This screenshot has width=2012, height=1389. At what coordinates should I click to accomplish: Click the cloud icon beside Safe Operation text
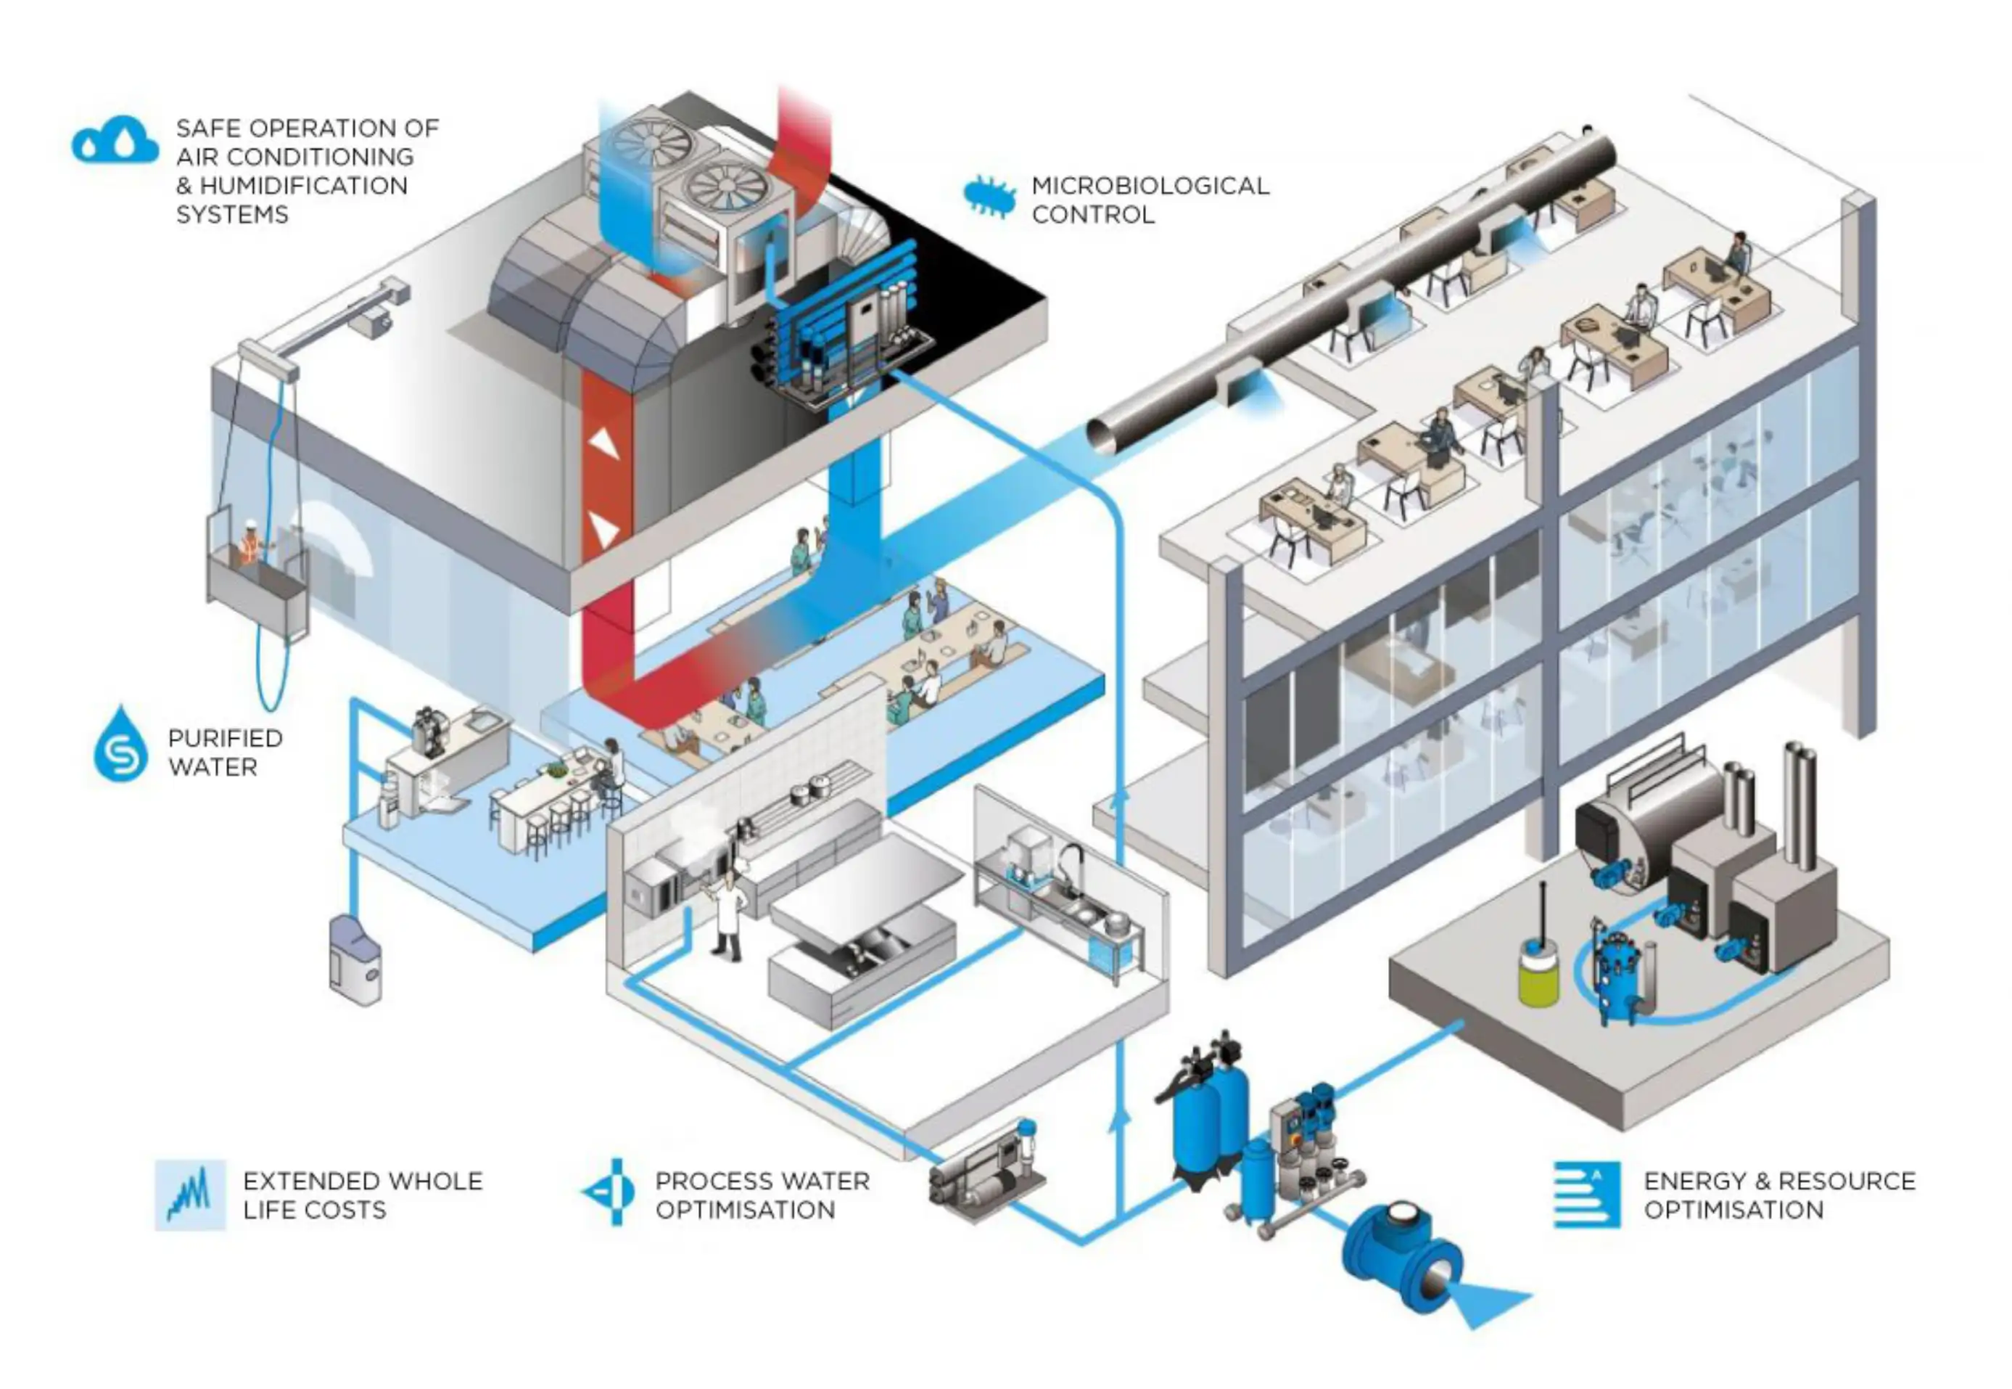click(115, 141)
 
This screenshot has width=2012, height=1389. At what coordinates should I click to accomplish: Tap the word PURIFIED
click(224, 738)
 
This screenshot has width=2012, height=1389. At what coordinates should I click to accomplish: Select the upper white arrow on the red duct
click(603, 445)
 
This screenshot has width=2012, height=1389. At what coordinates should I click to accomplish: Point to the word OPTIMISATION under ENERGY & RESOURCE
click(1733, 1210)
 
